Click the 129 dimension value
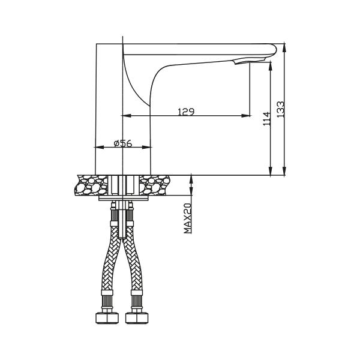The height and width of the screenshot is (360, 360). pyautogui.click(x=185, y=112)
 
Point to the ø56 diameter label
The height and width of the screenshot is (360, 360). pyautogui.click(x=122, y=143)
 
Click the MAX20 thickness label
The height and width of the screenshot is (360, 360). pyautogui.click(x=188, y=218)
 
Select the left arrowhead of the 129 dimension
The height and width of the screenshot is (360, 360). pyautogui.click(x=125, y=116)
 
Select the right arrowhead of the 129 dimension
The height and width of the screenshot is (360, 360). pyautogui.click(x=247, y=116)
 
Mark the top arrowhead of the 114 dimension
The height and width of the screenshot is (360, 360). pyautogui.click(x=271, y=62)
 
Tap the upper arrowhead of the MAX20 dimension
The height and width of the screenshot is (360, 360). pyautogui.click(x=191, y=178)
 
